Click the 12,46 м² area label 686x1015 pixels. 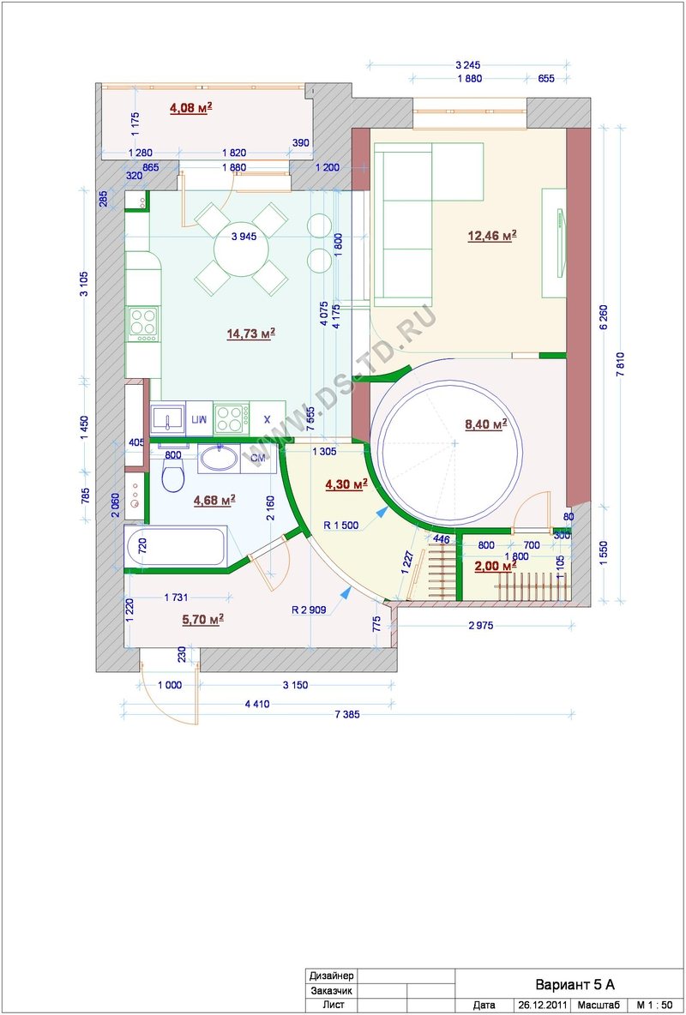pos(491,235)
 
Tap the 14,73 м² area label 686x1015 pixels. pos(250,333)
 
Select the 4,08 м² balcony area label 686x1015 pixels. pos(192,108)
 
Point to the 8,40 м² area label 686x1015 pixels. pos(485,424)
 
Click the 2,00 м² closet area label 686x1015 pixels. pos(496,566)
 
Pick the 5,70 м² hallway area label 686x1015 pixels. pos(202,619)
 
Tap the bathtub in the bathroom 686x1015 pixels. pos(176,548)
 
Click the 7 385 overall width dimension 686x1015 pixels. pos(347,715)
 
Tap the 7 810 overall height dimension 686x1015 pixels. pos(621,363)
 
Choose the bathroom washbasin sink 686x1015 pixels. pos(219,458)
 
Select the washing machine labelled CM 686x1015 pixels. pos(258,459)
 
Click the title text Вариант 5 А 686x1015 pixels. pos(574,985)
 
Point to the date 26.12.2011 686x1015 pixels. pos(542,1006)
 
